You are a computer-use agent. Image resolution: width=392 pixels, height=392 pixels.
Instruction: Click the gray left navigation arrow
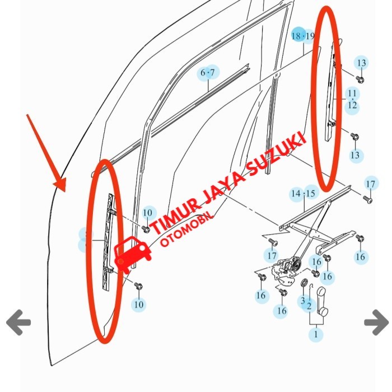[18, 322]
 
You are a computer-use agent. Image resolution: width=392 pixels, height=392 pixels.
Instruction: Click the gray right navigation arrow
[376, 322]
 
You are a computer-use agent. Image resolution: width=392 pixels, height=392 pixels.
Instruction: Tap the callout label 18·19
[303, 36]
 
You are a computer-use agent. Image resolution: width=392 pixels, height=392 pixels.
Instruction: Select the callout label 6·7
[208, 73]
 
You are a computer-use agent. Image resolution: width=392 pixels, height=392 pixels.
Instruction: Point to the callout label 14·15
[303, 193]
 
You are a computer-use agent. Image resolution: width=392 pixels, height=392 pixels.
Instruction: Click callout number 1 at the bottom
[316, 334]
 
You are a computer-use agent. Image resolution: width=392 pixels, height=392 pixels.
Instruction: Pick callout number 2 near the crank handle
[309, 306]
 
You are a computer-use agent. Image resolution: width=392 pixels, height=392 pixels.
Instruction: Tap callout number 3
[303, 300]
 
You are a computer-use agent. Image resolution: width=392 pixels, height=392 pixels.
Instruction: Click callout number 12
[352, 105]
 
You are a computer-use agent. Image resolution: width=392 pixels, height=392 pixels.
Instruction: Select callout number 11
[352, 94]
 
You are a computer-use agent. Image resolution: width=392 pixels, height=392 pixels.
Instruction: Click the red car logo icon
[133, 254]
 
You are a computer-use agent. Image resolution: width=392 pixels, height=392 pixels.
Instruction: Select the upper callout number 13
[362, 63]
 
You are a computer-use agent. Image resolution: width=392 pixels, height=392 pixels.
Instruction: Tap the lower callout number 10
[139, 305]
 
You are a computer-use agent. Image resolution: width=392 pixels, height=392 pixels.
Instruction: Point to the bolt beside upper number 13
[360, 80]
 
